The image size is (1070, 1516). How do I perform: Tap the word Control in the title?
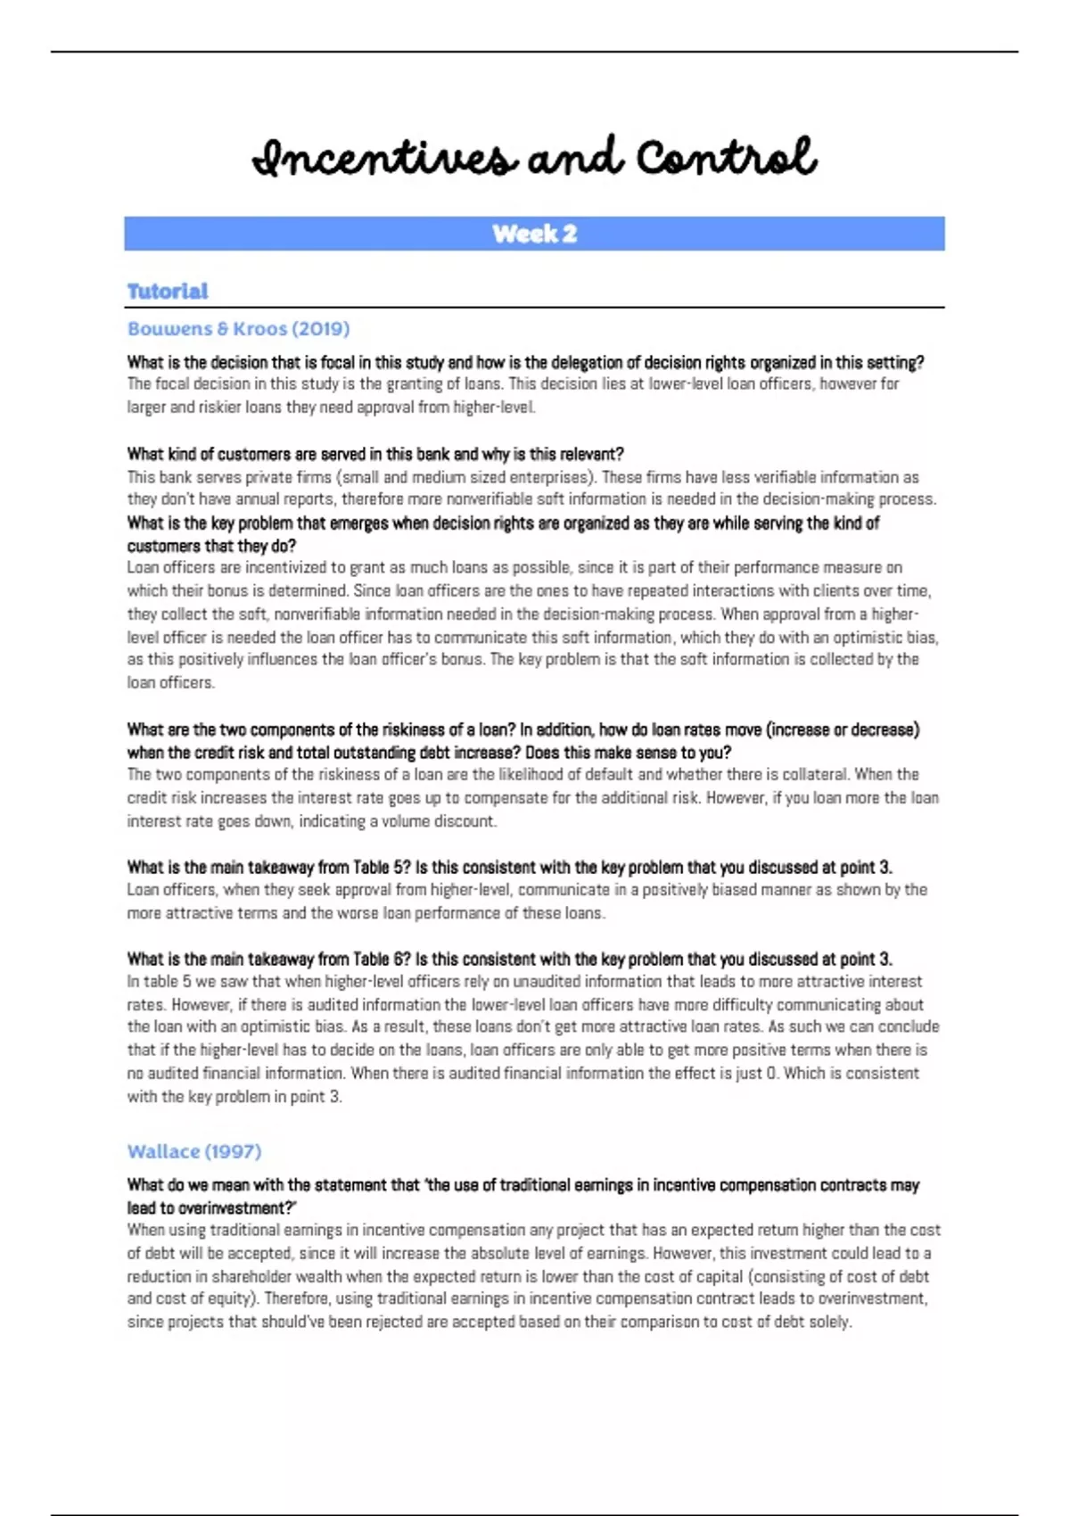pyautogui.click(x=726, y=158)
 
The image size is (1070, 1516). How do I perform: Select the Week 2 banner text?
pyautogui.click(x=534, y=234)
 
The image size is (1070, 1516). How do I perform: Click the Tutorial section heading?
pyautogui.click(x=168, y=291)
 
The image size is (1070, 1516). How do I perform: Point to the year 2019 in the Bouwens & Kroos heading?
pyautogui.click(x=321, y=329)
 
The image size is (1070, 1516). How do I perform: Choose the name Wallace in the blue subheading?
pyautogui.click(x=164, y=1151)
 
